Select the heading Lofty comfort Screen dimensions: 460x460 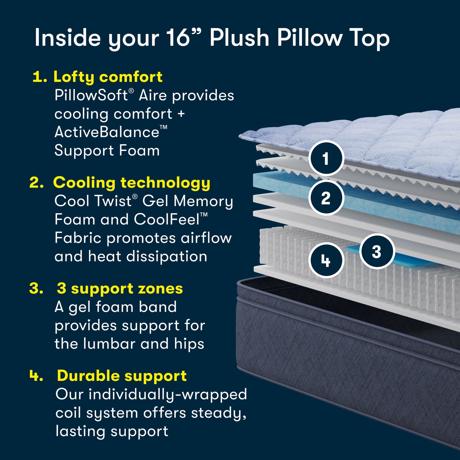pos(108,77)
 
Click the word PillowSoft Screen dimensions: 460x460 pos(91,95)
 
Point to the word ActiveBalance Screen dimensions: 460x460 pos(107,132)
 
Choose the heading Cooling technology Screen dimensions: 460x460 pos(131,183)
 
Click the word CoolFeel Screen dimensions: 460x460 pos(166,219)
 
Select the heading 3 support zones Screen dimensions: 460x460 pos(120,288)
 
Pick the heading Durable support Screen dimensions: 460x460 pos(122,376)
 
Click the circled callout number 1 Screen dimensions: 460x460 pos(326,158)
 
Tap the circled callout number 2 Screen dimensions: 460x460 pos(326,198)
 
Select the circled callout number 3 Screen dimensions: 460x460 pos(377,251)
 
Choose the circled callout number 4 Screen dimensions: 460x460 pos(326,260)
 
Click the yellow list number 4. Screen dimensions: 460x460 pos(36,376)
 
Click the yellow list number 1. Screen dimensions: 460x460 pos(39,77)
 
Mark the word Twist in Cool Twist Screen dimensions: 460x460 pos(115,201)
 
